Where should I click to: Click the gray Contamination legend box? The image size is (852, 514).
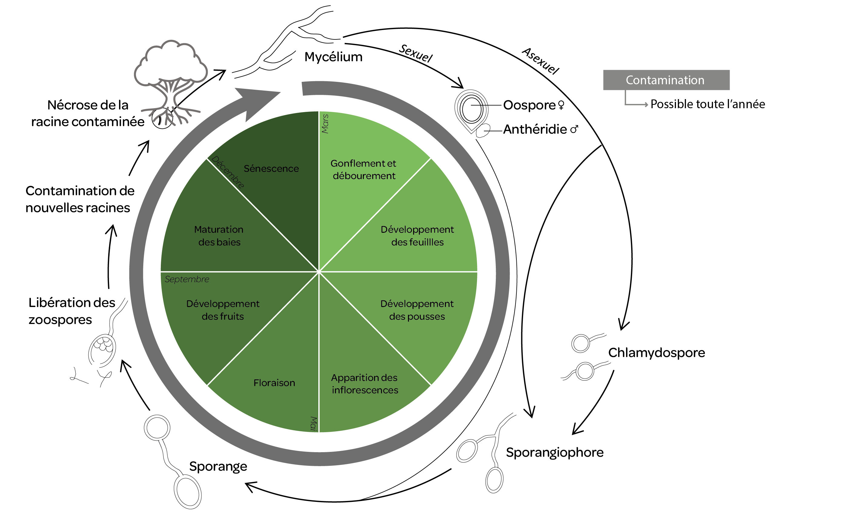pyautogui.click(x=666, y=80)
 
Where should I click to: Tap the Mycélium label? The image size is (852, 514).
pyautogui.click(x=333, y=57)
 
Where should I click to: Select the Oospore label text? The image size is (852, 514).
pyautogui.click(x=529, y=105)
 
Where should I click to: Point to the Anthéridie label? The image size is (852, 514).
pyautogui.click(x=535, y=129)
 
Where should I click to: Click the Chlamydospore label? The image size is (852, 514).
pyautogui.click(x=656, y=352)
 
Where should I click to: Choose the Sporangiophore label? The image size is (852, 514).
pyautogui.click(x=554, y=452)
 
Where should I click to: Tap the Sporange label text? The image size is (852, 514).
pyautogui.click(x=218, y=466)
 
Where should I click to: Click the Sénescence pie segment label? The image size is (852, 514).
pyautogui.click(x=271, y=169)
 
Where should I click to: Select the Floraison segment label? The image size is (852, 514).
pyautogui.click(x=274, y=382)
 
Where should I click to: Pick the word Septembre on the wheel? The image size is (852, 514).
pyautogui.click(x=187, y=279)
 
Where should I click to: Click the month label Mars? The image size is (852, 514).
pyautogui.click(x=325, y=123)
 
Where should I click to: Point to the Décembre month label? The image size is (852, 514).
pyautogui.click(x=228, y=172)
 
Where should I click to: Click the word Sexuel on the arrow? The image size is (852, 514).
pyautogui.click(x=416, y=53)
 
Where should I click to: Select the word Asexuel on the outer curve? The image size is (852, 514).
pyautogui.click(x=540, y=61)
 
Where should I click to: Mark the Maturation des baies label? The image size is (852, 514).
pyautogui.click(x=219, y=235)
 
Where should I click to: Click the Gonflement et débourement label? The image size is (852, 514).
pyautogui.click(x=363, y=169)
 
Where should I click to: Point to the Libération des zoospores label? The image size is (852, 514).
pyautogui.click(x=71, y=311)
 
